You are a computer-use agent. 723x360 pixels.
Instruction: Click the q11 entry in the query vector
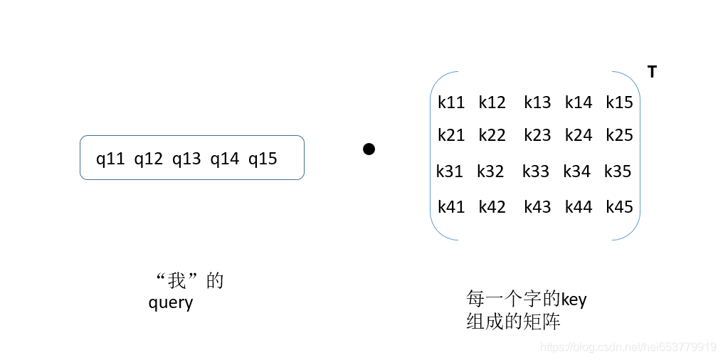click(110, 159)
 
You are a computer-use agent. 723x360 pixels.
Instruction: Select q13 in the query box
click(186, 159)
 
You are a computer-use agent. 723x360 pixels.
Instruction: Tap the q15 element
click(263, 159)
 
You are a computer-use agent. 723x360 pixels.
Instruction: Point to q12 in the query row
click(149, 159)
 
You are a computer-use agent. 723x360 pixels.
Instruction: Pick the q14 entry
click(224, 159)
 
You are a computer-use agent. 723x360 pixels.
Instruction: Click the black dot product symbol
click(369, 149)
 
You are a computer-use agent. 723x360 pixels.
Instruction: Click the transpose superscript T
click(652, 71)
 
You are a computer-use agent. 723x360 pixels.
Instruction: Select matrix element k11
click(451, 102)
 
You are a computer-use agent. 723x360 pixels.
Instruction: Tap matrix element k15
click(619, 102)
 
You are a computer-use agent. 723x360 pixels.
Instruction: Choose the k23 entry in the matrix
click(537, 135)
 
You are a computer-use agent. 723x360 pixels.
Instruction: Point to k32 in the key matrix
click(490, 171)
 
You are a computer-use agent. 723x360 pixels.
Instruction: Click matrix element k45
click(619, 207)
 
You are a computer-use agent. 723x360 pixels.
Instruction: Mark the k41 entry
click(451, 207)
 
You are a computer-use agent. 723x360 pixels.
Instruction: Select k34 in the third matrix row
click(576, 171)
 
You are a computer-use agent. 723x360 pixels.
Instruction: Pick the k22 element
click(492, 135)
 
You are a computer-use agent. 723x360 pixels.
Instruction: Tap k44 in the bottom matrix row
click(579, 207)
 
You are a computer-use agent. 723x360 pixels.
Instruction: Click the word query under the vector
click(171, 303)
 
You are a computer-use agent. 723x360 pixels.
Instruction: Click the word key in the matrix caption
click(574, 300)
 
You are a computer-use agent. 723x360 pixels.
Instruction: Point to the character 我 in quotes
click(176, 281)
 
